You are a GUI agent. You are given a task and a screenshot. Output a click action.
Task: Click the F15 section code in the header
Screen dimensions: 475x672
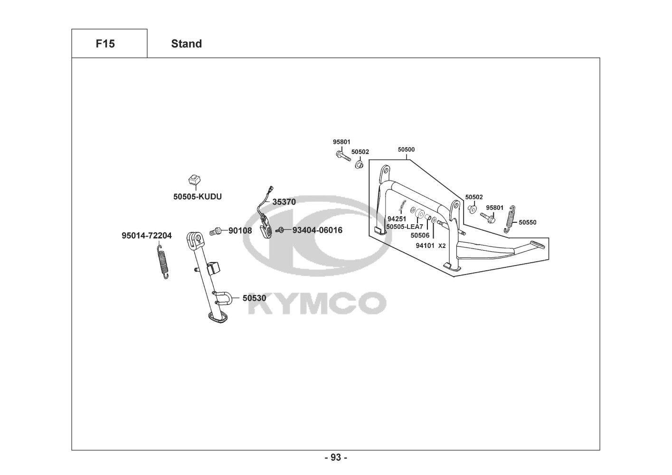tap(105, 44)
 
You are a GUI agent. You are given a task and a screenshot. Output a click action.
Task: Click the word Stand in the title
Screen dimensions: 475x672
tap(186, 44)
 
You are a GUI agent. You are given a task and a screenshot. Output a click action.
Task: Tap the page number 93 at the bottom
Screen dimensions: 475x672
tap(336, 457)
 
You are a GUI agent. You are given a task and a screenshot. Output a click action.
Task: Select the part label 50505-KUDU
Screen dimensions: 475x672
tap(197, 196)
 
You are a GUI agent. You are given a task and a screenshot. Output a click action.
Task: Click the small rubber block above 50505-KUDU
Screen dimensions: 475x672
tap(194, 179)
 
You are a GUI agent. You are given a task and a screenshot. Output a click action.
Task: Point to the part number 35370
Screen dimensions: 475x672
tap(284, 202)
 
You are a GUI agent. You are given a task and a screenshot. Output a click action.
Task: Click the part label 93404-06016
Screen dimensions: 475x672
tap(317, 230)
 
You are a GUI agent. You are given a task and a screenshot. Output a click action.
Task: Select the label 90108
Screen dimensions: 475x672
tap(240, 230)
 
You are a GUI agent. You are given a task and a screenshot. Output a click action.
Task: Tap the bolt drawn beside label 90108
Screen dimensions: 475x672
tap(216, 232)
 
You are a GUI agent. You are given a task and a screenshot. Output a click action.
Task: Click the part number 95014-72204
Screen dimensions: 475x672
tap(147, 236)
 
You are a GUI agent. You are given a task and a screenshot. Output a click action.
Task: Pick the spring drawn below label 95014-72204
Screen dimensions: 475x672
tap(163, 261)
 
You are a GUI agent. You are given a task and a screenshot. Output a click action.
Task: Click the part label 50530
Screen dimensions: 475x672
tap(254, 298)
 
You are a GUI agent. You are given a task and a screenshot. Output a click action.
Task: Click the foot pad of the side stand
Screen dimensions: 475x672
tap(218, 318)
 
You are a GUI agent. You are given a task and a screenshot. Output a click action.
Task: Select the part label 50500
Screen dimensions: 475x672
tap(406, 149)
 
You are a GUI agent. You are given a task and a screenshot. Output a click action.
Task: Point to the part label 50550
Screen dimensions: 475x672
tap(527, 222)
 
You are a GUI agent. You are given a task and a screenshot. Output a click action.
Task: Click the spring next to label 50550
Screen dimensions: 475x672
tap(510, 218)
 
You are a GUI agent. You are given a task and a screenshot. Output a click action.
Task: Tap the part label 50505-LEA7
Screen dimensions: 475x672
tap(404, 227)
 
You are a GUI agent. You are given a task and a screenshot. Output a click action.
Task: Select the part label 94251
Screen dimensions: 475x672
tap(397, 219)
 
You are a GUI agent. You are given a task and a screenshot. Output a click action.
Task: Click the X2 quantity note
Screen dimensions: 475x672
tap(442, 246)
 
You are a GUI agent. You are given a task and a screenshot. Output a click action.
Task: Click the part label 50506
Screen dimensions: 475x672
tap(420, 235)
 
